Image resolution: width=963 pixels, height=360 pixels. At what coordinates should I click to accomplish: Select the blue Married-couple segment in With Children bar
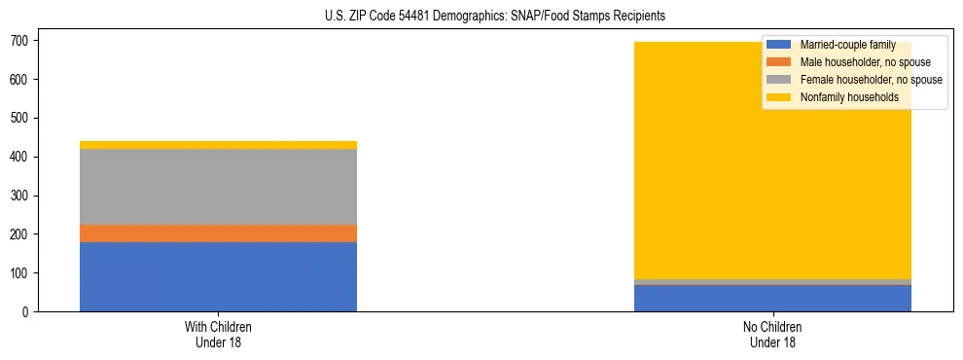(x=218, y=276)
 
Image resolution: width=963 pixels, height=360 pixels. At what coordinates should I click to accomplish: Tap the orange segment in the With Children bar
(x=218, y=234)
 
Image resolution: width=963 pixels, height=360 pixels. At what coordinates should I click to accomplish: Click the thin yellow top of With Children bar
(x=218, y=145)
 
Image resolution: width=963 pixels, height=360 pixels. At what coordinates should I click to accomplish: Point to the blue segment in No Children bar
(x=772, y=299)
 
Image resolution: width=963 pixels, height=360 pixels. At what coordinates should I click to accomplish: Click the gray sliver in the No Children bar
(x=772, y=282)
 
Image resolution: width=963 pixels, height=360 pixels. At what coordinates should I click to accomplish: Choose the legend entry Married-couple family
(x=846, y=45)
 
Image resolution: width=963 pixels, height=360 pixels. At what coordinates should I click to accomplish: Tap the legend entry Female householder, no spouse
(x=870, y=80)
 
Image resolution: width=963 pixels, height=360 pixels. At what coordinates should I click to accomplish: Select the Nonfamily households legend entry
(x=849, y=97)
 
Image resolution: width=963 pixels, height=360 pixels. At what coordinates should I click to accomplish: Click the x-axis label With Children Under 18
(x=218, y=334)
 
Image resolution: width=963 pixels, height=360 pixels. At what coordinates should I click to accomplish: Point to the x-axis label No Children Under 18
(x=772, y=334)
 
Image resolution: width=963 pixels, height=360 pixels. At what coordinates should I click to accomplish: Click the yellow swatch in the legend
(x=779, y=97)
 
